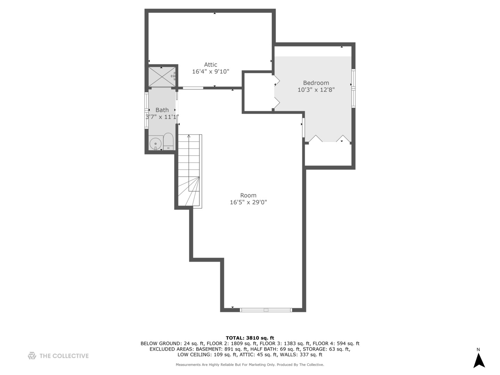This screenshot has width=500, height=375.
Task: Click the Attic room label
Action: point(210,65)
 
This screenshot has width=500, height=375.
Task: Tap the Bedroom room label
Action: point(316,83)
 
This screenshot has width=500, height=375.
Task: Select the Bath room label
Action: point(162,110)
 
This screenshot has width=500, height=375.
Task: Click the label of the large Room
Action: point(248,195)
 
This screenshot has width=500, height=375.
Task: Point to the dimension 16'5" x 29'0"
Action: point(248,202)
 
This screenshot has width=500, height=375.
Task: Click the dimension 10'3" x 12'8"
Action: point(316,90)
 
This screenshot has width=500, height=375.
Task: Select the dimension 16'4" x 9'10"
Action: point(210,72)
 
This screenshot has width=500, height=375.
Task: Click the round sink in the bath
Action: point(156,143)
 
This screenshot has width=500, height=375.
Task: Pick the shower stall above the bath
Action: point(161,77)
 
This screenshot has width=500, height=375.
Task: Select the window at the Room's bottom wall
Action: point(266,310)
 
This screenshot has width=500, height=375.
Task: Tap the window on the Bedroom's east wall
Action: point(353,88)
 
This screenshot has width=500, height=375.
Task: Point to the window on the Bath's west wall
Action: point(147,110)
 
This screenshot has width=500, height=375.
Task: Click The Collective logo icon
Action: point(32,356)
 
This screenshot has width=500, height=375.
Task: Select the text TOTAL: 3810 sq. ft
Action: point(250,338)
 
